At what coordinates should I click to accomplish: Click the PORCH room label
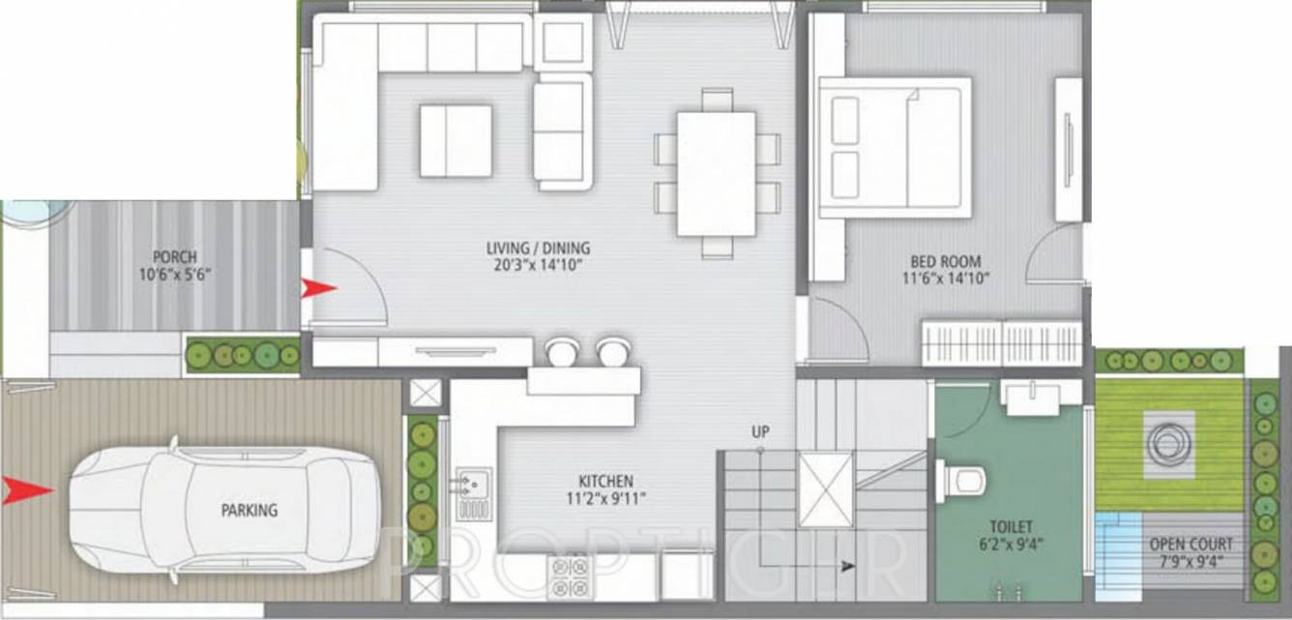click(175, 257)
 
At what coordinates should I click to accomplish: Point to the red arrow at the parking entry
click(25, 490)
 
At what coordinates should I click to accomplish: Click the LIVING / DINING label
click(538, 248)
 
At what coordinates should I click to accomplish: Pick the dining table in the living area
click(716, 174)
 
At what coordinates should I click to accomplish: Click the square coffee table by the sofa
click(455, 140)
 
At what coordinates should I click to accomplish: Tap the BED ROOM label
click(945, 261)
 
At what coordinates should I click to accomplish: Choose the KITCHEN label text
click(605, 481)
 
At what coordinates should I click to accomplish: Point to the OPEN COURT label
click(1190, 545)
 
